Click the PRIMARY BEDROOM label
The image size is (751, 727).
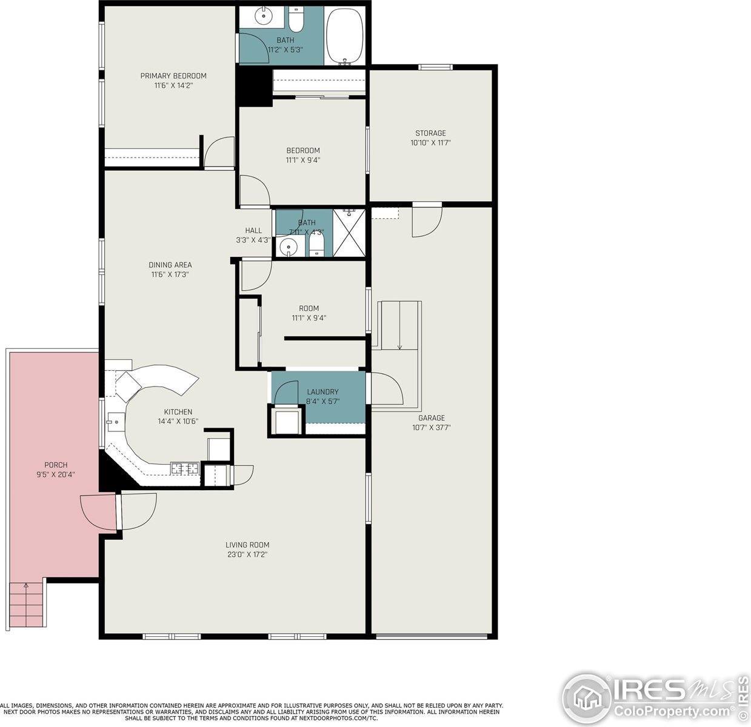tap(173, 76)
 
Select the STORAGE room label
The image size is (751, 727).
tap(430, 133)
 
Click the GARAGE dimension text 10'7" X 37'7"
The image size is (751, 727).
tap(431, 427)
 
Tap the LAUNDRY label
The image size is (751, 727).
tap(322, 392)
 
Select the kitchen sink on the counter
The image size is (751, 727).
tap(113, 421)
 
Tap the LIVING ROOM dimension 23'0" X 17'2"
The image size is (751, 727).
tap(247, 554)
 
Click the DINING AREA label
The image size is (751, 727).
tap(170, 265)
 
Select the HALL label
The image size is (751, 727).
tap(253, 230)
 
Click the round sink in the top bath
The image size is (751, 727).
tap(263, 17)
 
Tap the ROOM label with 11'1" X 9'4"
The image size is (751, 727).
tap(309, 308)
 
